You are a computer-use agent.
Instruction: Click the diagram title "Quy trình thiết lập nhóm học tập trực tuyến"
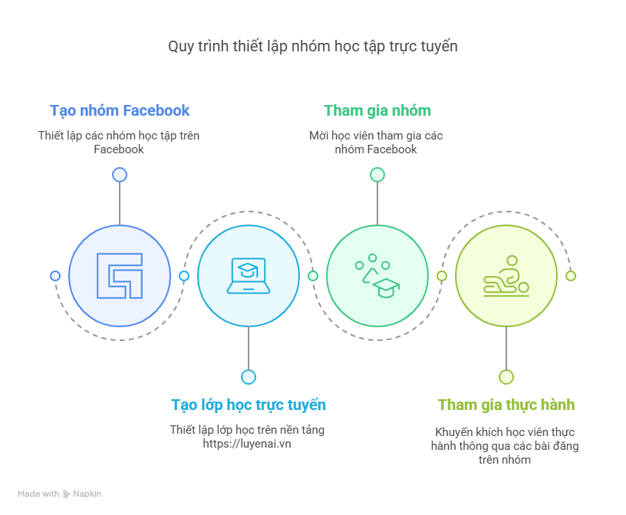click(312, 46)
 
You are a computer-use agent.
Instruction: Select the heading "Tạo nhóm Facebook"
click(120, 110)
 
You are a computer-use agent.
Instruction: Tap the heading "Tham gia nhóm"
click(377, 110)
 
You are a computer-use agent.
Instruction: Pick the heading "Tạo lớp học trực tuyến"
click(249, 405)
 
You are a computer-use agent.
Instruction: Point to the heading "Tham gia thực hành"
click(506, 405)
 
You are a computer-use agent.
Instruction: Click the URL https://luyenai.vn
click(247, 444)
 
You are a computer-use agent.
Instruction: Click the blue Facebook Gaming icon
click(120, 276)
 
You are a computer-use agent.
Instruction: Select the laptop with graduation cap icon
click(249, 276)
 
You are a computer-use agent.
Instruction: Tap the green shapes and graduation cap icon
click(377, 276)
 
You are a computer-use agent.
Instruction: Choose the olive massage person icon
click(506, 276)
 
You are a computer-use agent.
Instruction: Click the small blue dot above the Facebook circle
click(120, 175)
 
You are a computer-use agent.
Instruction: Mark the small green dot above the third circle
click(377, 175)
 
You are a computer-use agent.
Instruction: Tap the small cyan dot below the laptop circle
click(249, 377)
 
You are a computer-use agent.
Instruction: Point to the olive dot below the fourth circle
click(506, 377)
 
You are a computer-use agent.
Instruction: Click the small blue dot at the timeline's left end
click(55, 276)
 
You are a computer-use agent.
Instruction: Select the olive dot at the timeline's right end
click(571, 276)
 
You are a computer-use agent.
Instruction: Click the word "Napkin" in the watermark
click(87, 494)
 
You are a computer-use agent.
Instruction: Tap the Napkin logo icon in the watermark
click(66, 494)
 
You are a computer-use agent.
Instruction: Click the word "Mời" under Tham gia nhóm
click(318, 136)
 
